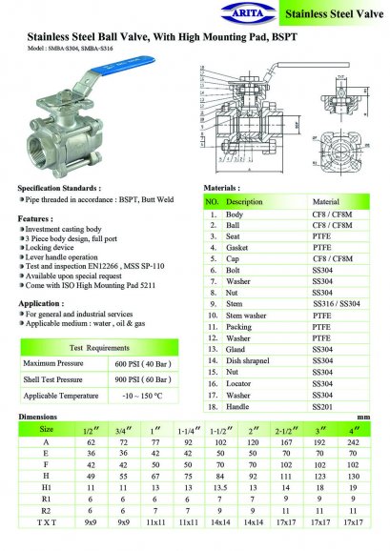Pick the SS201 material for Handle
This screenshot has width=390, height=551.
[324, 407]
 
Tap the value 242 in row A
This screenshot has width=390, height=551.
[354, 443]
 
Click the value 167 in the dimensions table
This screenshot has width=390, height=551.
[285, 443]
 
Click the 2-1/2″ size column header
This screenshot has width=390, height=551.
[285, 430]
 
